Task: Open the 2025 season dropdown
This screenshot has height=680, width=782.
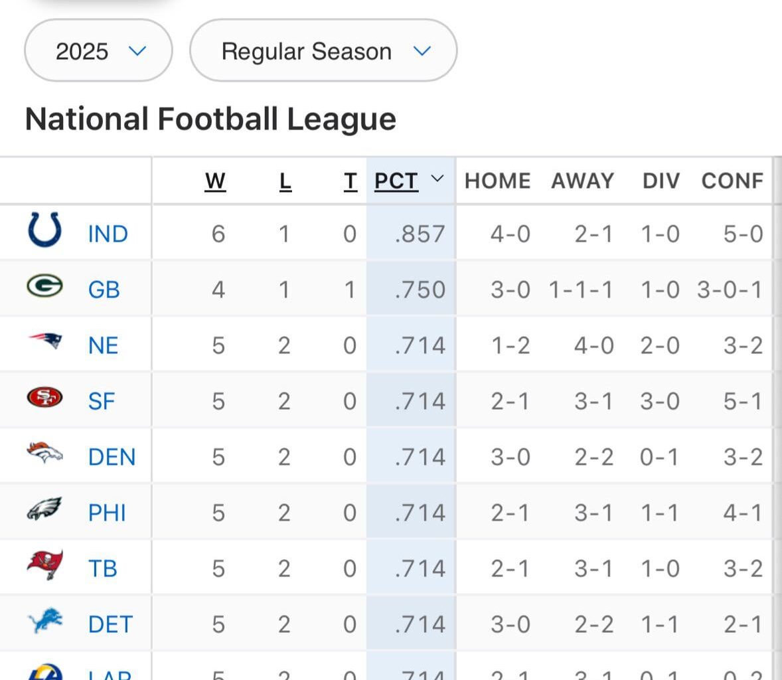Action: [x=98, y=51]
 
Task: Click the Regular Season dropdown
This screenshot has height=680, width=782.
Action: [x=323, y=51]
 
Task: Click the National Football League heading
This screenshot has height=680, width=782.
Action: [x=210, y=120]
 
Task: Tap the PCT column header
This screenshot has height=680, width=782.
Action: [x=397, y=181]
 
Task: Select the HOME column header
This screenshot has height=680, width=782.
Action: [x=497, y=181]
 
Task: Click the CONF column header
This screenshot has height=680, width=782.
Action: [x=732, y=181]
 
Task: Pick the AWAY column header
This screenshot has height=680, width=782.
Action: [x=582, y=181]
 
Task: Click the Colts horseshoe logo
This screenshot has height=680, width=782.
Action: [x=45, y=230]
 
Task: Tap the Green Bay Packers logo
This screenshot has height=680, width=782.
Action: [x=44, y=286]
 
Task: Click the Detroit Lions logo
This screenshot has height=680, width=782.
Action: [x=45, y=622]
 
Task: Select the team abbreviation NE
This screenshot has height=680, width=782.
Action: [x=103, y=345]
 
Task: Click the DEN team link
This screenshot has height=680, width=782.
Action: [x=112, y=457]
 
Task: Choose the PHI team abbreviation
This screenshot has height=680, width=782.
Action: [x=107, y=513]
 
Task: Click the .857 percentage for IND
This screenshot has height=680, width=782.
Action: [x=420, y=234]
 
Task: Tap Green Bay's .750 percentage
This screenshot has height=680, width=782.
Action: [x=420, y=290]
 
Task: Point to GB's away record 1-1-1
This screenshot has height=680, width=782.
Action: [x=581, y=290]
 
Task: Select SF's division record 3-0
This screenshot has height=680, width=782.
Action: [x=660, y=401]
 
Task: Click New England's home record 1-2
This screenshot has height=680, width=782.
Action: [x=510, y=345]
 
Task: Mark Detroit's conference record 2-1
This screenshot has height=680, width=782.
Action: [x=743, y=624]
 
